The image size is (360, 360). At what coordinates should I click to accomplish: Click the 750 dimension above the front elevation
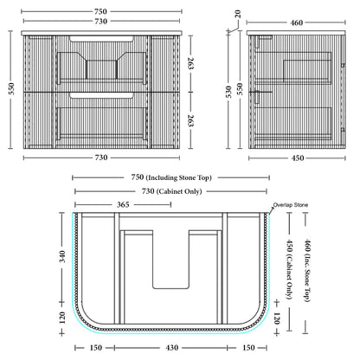point(100,11)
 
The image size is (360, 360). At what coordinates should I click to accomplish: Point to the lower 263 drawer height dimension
point(190,120)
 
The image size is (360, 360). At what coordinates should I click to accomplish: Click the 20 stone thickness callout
point(238,14)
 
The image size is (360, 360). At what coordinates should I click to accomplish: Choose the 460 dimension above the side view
point(296,22)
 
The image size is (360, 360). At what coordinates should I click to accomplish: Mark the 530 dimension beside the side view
point(228,92)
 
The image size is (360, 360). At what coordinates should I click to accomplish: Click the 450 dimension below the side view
point(298,158)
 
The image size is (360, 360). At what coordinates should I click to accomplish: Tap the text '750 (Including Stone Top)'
point(171,177)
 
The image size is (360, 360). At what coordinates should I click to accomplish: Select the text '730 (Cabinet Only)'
point(171,191)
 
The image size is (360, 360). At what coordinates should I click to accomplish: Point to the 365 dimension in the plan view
point(123,204)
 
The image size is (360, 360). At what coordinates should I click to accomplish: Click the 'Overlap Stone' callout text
point(291,205)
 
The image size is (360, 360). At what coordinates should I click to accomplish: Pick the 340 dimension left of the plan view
point(61,257)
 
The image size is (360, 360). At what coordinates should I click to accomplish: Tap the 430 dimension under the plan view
point(171,348)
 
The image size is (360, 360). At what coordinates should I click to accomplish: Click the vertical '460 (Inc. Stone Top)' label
point(307,270)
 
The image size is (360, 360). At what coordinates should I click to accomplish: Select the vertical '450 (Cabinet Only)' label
point(289,269)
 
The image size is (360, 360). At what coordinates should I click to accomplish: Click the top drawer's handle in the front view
point(101,39)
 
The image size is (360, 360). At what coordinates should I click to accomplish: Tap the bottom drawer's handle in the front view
point(101,96)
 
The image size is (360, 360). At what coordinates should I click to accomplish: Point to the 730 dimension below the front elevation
point(100,157)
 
